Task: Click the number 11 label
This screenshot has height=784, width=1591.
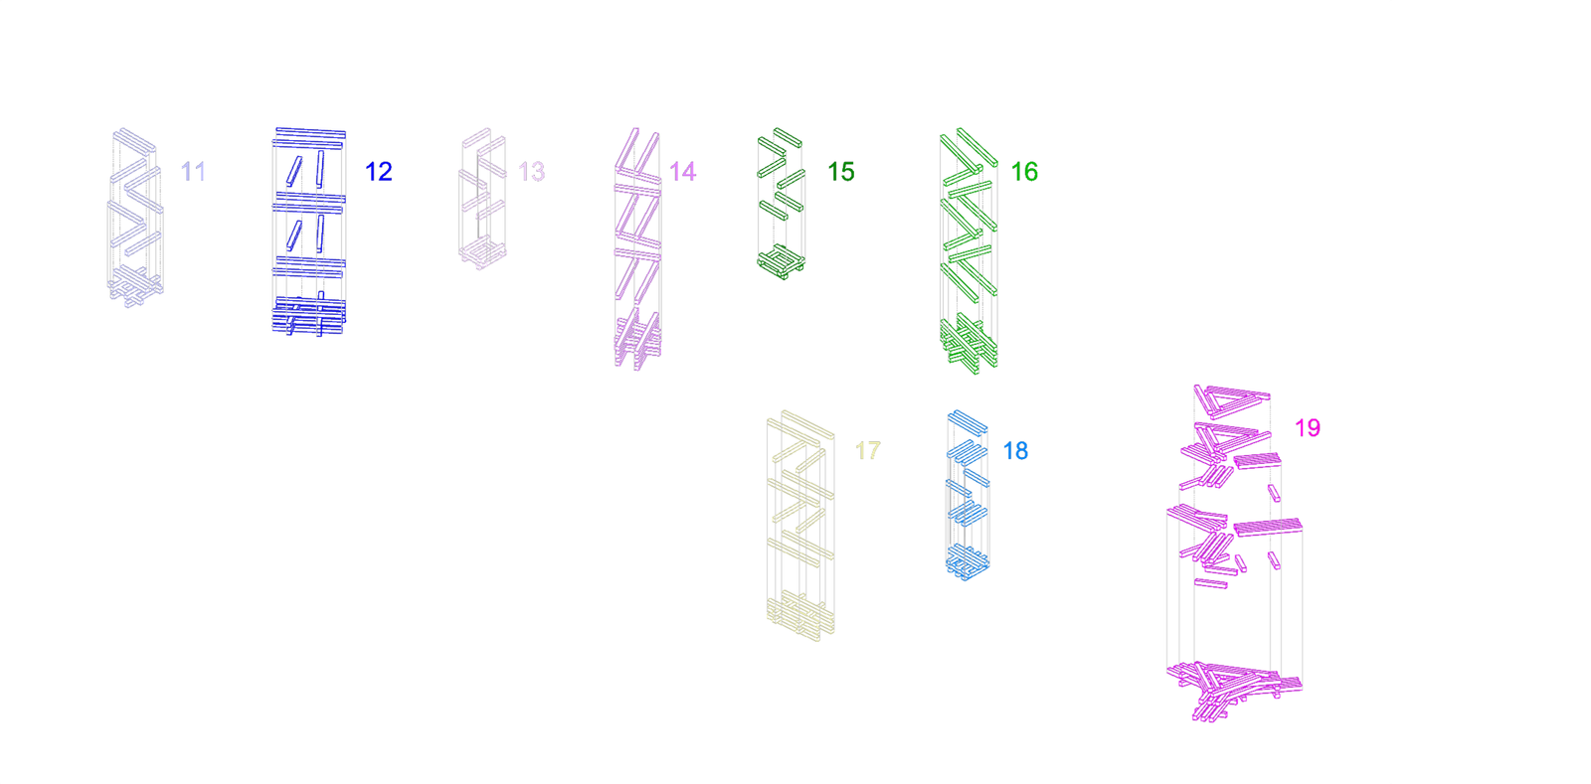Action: click(x=193, y=172)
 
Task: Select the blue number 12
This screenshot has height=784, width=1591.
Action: click(x=379, y=172)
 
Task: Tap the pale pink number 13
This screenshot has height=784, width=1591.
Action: click(x=531, y=172)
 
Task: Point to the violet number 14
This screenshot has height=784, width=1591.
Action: click(x=682, y=172)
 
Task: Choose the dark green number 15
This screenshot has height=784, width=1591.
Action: click(x=841, y=172)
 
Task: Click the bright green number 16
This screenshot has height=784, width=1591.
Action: click(x=1024, y=172)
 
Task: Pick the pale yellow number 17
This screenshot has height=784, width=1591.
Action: click(x=867, y=450)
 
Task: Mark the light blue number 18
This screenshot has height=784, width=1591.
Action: click(x=1015, y=450)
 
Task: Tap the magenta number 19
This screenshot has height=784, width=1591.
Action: click(x=1307, y=428)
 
